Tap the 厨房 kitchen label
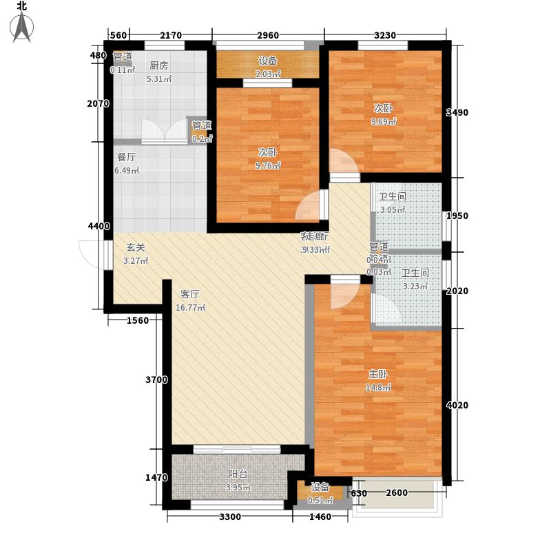click(158, 66)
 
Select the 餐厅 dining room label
click(126, 156)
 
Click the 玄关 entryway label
click(135, 247)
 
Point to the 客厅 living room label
click(191, 293)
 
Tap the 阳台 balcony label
click(238, 474)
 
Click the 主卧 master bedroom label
click(377, 375)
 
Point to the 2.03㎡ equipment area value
click(267, 74)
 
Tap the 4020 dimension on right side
click(457, 405)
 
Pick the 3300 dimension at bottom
click(230, 517)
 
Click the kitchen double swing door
click(165, 131)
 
